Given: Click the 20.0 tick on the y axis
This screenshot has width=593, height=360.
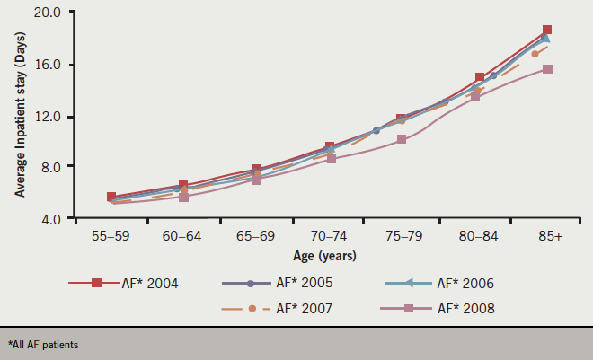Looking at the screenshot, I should [45, 13].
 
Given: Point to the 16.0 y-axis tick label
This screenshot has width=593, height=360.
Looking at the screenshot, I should [45, 65].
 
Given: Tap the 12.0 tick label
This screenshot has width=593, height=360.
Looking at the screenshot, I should [45, 117].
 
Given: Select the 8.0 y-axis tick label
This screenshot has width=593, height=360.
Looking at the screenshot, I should [48, 168].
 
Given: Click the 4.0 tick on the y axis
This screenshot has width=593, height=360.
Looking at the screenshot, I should [48, 219].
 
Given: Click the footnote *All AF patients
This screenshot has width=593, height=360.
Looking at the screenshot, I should [43, 345].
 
